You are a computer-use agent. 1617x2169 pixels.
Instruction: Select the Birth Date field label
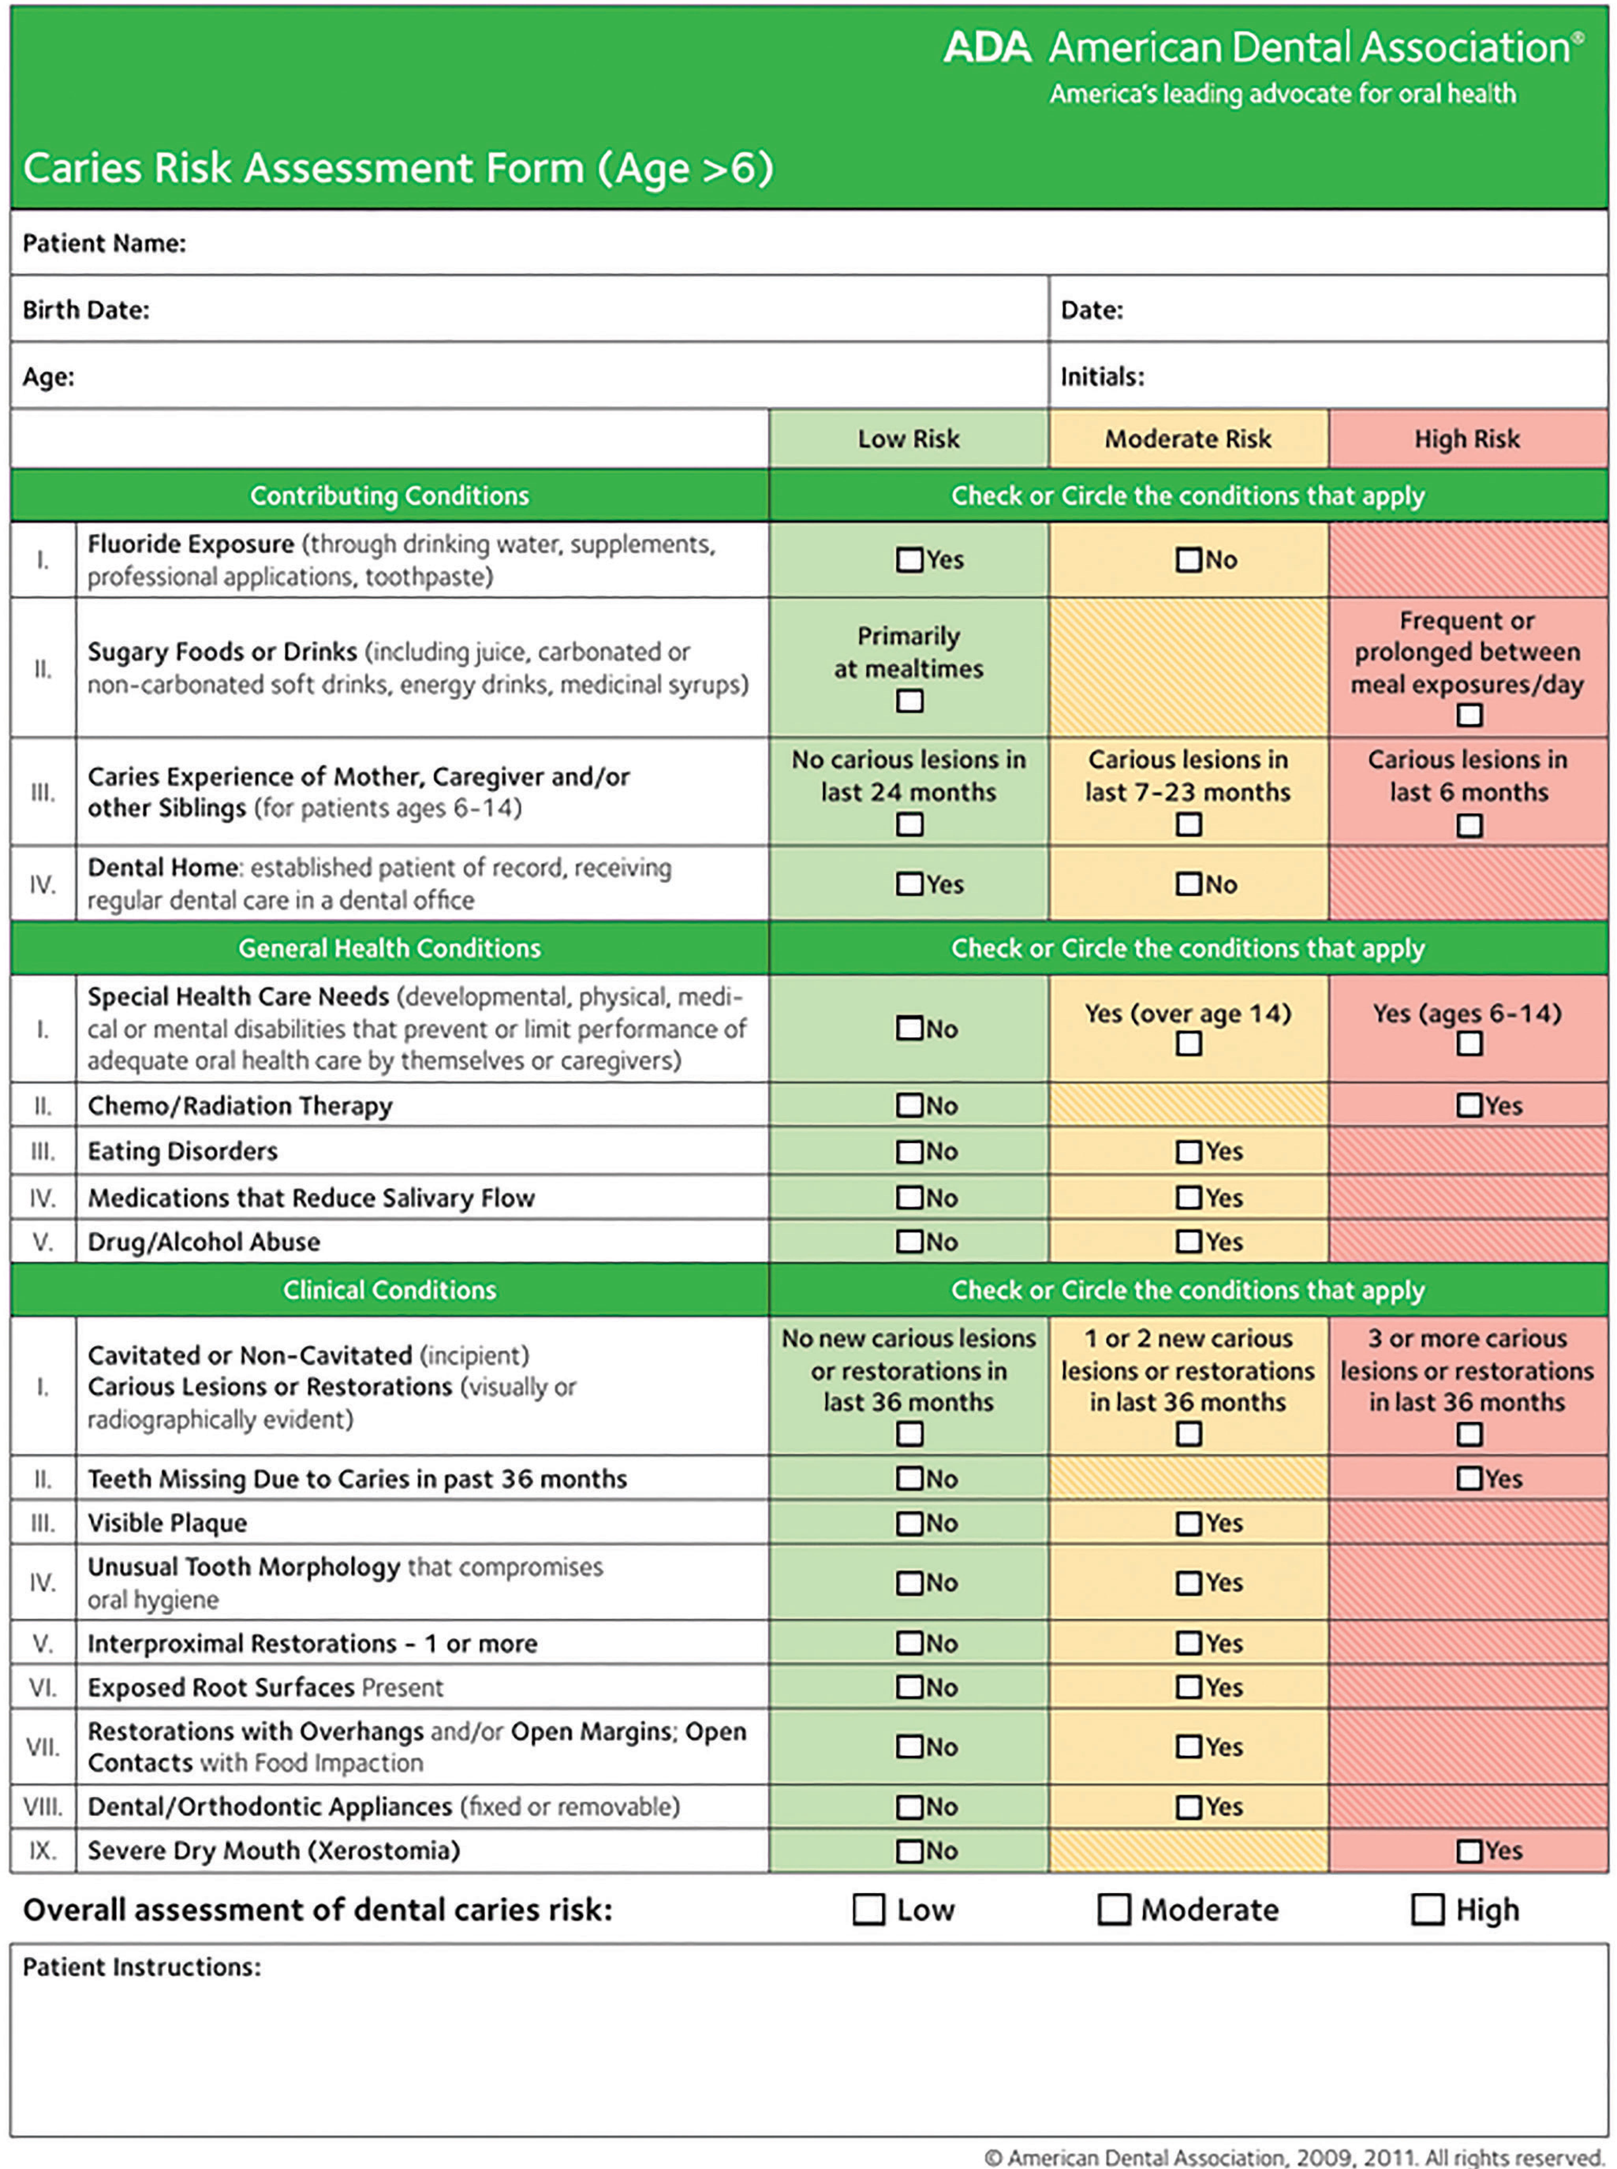click(x=86, y=310)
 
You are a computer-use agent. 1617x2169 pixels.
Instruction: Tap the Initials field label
click(x=1102, y=377)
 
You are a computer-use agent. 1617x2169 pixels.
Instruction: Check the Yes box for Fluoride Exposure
click(x=909, y=560)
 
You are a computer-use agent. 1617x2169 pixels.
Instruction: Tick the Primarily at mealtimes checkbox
click(x=909, y=701)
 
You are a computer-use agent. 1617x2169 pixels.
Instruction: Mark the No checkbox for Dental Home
click(x=1188, y=884)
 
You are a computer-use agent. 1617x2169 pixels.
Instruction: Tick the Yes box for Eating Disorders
click(x=1188, y=1151)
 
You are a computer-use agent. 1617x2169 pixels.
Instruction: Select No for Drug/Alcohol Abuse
click(x=909, y=1241)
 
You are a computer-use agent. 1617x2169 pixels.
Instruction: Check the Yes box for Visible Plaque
click(x=1188, y=1523)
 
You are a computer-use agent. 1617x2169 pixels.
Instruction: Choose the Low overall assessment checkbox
click(x=868, y=1910)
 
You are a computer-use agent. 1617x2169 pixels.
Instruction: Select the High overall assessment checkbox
click(x=1427, y=1910)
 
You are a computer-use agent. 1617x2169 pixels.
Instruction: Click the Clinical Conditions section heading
click(x=390, y=1290)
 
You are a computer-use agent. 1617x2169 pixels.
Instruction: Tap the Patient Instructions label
click(x=142, y=1967)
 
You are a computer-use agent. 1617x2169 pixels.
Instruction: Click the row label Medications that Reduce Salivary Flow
click(x=311, y=1198)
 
